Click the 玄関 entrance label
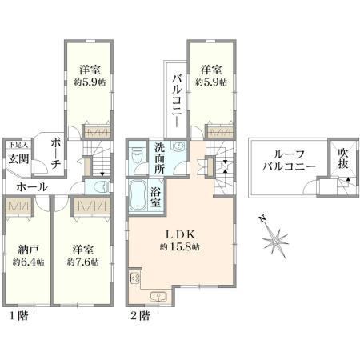(18, 159)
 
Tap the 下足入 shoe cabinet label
(18, 146)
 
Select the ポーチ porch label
(55, 154)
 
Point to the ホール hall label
(32, 187)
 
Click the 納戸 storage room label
(29, 250)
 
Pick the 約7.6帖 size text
(82, 262)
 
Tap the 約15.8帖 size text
(179, 247)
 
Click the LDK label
(181, 234)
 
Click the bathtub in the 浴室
(138, 195)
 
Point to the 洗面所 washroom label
(159, 158)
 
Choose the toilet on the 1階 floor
(101, 186)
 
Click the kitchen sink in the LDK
(158, 297)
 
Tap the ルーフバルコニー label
(289, 161)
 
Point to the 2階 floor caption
(140, 316)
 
